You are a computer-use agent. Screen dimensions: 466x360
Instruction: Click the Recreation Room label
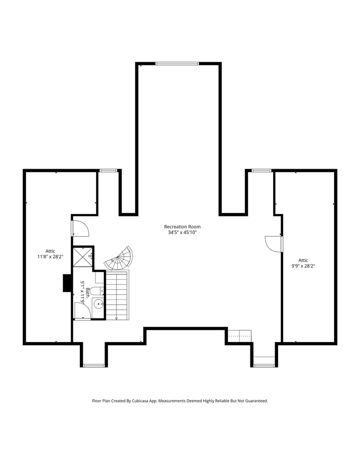point(182,227)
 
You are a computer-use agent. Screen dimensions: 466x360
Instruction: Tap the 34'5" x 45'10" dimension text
point(182,233)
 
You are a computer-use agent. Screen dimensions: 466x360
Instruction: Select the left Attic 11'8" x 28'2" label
point(51,254)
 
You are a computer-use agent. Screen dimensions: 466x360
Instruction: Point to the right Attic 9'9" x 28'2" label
point(303,263)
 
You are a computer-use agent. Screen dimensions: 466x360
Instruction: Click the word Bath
point(88,292)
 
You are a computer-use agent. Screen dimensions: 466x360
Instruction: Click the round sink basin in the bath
point(99,304)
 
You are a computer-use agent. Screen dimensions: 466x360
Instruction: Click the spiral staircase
point(119,259)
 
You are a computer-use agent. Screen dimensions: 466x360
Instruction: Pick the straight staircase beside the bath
point(117,295)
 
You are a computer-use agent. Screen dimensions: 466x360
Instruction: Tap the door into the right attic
point(274,244)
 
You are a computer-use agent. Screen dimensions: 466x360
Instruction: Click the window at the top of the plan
point(177,64)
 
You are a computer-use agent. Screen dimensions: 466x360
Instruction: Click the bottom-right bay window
point(264,365)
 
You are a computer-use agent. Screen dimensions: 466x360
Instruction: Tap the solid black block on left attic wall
point(67,283)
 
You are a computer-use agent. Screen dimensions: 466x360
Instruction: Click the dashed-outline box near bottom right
point(240,336)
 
